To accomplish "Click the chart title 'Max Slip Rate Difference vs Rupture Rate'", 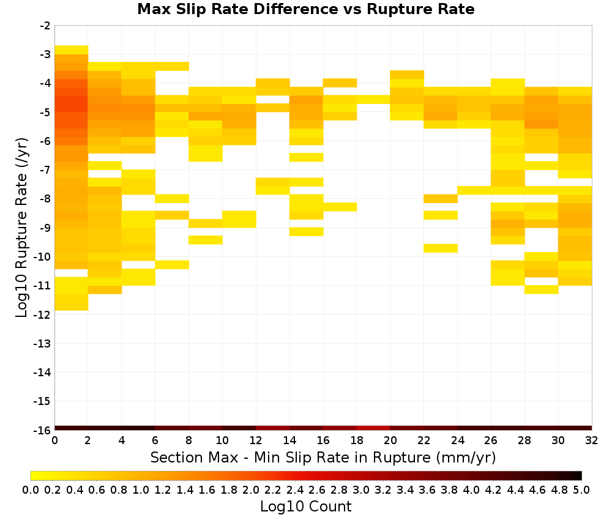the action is tap(305, 9).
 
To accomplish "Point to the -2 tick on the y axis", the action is tap(45, 26).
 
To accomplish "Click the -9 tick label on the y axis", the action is tap(45, 228).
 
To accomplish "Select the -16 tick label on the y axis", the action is tap(43, 430).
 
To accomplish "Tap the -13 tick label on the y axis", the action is tap(43, 343).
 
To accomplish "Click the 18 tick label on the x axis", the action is tap(357, 440).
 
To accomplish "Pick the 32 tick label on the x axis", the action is tap(592, 440).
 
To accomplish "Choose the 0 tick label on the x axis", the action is tap(54, 440).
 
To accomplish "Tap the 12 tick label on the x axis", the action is tap(256, 440).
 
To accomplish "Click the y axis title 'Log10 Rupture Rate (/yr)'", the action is tap(22, 228).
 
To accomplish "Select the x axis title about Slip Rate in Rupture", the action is tap(323, 457).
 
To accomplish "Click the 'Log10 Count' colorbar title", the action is tap(306, 507).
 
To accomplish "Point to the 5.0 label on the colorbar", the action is tap(581, 489).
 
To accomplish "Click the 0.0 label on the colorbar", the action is tap(31, 489).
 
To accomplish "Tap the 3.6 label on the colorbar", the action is tap(427, 489).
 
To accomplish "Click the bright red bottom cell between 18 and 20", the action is tap(373, 428).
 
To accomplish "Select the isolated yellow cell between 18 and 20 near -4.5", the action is tap(373, 100).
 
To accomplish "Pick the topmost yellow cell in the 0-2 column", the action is tap(72, 50).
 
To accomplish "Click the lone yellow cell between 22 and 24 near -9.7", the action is tap(441, 248).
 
